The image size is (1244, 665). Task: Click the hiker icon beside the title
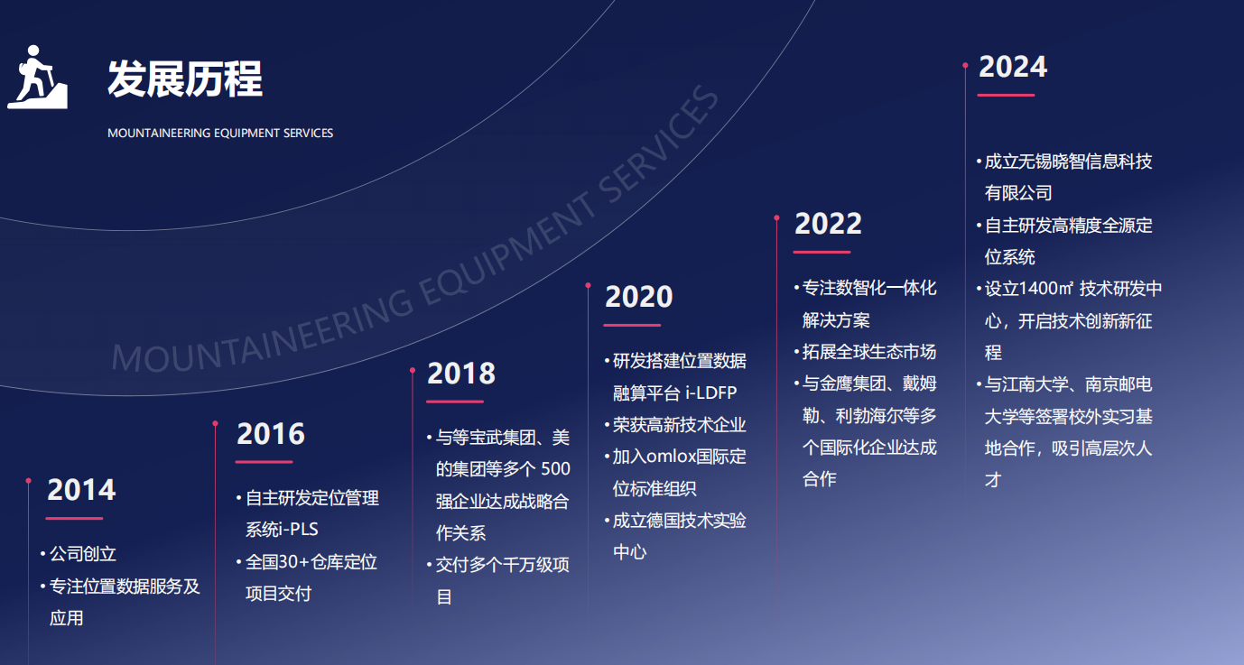click(37, 77)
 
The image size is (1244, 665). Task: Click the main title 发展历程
click(185, 79)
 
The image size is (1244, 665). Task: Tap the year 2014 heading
click(81, 490)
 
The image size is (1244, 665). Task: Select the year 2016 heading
click(271, 434)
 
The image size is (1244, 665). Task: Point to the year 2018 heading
click(461, 373)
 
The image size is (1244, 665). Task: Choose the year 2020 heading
click(638, 297)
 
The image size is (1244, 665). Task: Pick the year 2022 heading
click(828, 224)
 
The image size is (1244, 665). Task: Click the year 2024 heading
click(1012, 67)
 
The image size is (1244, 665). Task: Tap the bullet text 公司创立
click(83, 554)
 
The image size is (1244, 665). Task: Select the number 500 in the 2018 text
click(555, 469)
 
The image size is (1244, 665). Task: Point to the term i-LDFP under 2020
click(710, 393)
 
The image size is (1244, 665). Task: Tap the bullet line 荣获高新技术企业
click(679, 425)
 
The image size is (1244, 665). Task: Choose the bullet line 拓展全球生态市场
click(869, 352)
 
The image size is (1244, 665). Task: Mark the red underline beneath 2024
click(1006, 96)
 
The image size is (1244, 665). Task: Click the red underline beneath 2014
click(74, 519)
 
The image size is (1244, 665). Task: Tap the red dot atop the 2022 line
click(776, 217)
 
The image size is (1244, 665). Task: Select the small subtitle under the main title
click(220, 134)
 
